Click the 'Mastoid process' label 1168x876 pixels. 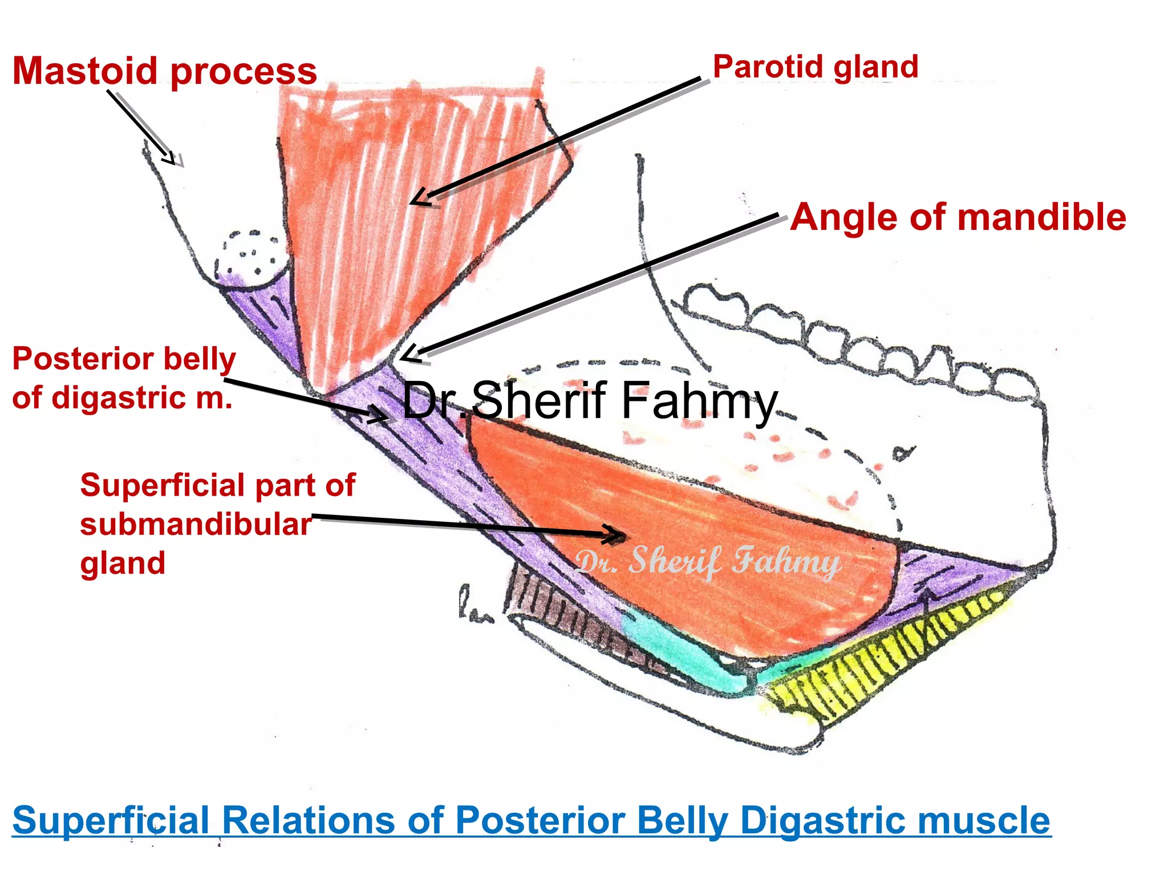point(164,71)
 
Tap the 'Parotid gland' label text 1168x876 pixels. point(816,67)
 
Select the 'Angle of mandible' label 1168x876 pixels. point(958,217)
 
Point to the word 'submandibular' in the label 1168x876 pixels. point(196,524)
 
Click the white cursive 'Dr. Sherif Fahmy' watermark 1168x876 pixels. point(707,562)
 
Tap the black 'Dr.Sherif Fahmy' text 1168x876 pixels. point(590,401)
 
